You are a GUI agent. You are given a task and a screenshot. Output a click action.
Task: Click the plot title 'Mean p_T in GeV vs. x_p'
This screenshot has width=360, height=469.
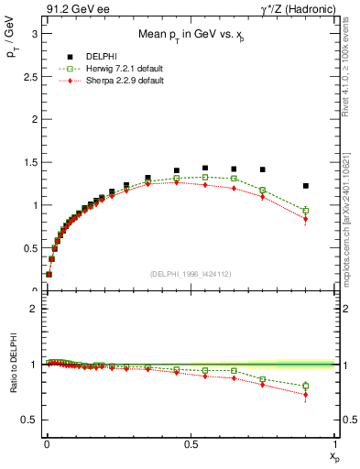point(191,37)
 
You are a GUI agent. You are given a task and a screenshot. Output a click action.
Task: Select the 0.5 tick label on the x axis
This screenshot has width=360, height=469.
point(191,442)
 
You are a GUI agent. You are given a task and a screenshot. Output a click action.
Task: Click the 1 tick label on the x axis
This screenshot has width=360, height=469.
point(335,442)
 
